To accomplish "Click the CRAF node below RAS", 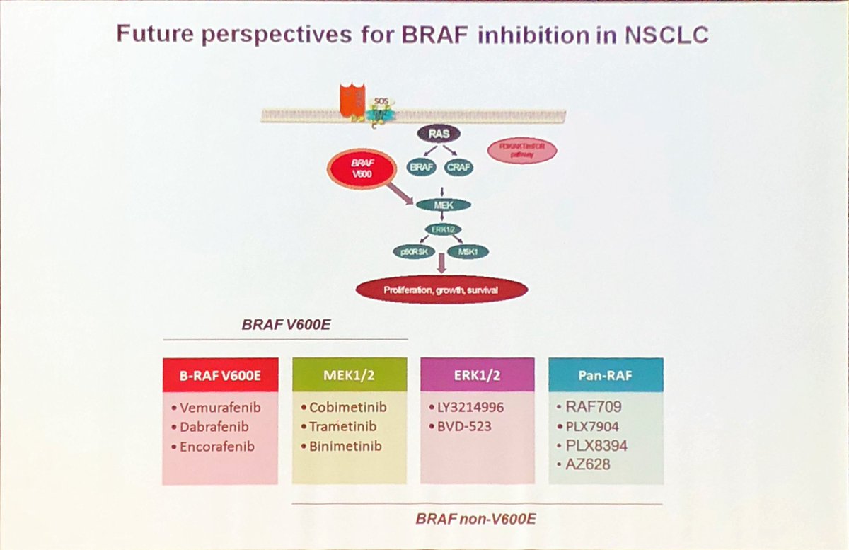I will click(x=459, y=168).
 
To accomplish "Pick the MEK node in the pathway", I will click(x=443, y=206).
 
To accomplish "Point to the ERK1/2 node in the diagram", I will click(x=442, y=229).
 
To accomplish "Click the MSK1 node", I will click(x=469, y=251).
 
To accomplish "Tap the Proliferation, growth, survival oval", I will click(x=442, y=290).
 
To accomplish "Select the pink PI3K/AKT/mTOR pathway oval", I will click(x=521, y=151).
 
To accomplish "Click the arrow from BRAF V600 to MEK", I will click(x=396, y=193).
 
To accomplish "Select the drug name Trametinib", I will click(x=343, y=428).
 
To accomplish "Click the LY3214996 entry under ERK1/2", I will click(x=469, y=409).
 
